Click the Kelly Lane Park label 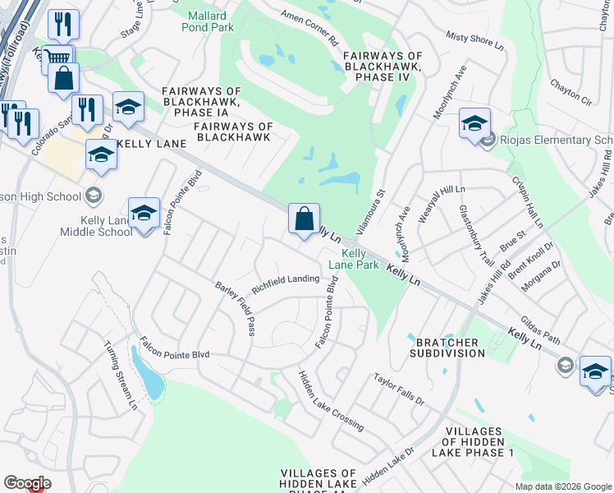[x=354, y=260]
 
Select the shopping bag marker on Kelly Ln [x=304, y=220]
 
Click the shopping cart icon [x=57, y=58]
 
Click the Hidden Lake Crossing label [x=331, y=400]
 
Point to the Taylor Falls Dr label [x=398, y=389]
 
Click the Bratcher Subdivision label [x=451, y=347]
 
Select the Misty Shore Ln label [x=474, y=42]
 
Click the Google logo [x=27, y=483]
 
